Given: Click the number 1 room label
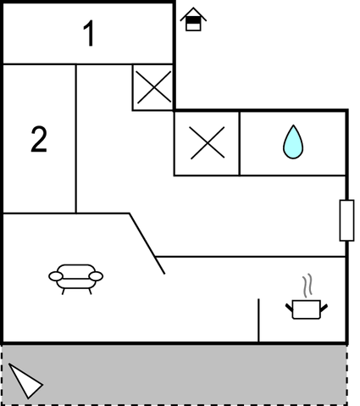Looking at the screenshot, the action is pos(89,33).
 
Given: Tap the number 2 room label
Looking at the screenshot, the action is pos(39,140).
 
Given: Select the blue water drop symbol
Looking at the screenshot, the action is pos(293,142).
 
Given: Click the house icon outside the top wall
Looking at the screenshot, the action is pos(193,19).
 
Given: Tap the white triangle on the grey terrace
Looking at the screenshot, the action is pos(25,381).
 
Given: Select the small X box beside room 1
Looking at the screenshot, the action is pos(153,87).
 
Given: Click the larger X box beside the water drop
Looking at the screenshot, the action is pos(207,143).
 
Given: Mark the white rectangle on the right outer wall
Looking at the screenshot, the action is pos(346,220).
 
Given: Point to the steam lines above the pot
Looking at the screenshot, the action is pos(307,286).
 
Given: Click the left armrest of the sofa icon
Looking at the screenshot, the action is pos(56,276).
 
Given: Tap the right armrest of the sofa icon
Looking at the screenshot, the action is pos(96,276).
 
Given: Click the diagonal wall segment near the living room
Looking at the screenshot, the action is pos(147,243).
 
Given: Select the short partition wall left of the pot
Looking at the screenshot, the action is pos(258,320).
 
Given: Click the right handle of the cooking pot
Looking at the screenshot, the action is pos(324,308).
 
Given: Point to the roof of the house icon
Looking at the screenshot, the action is pos(193,14).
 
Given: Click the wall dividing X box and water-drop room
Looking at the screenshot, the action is pos(240,143).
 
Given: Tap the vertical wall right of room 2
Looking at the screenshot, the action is pos(76,139).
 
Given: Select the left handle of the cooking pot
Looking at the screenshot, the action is pos(289,308).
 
